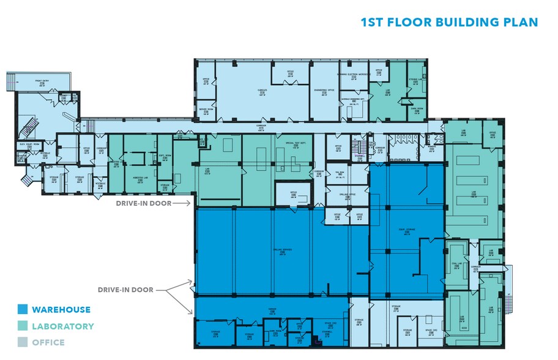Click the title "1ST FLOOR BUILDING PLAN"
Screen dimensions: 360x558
(449, 23)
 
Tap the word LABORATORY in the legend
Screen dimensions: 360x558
(63, 326)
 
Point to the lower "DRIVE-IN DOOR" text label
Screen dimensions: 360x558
(125, 290)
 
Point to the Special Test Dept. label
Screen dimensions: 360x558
(295, 143)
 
